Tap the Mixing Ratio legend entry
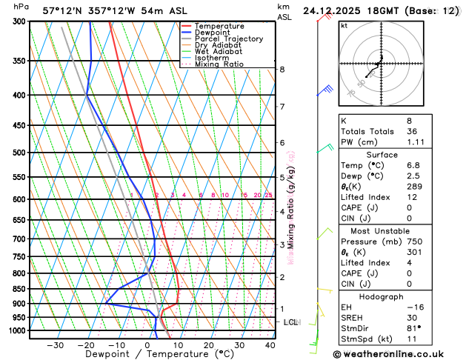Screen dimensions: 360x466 pyautogui.click(x=219, y=64)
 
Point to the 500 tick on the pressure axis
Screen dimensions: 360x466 pyautogui.click(x=19, y=153)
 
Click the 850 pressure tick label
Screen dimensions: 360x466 pyautogui.click(x=19, y=289)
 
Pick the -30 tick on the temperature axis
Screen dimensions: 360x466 pyautogui.click(x=56, y=345)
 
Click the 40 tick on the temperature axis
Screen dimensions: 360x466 pyautogui.click(x=270, y=345)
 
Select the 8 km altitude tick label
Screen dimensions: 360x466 pyautogui.click(x=282, y=70)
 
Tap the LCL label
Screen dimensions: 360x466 pyautogui.click(x=290, y=322)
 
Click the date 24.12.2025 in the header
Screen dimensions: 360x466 pyautogui.click(x=338, y=11)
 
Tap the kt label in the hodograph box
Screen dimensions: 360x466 pyautogui.click(x=344, y=25)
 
